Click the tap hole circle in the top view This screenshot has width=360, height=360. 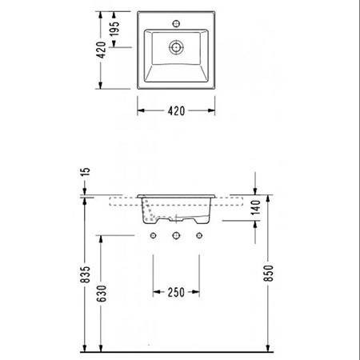click(x=176, y=24)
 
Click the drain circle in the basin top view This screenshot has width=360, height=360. click(x=176, y=47)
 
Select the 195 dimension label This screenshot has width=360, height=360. click(x=114, y=29)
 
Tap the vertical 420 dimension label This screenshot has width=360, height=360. click(x=102, y=50)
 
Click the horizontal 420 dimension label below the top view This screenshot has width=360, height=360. click(x=176, y=111)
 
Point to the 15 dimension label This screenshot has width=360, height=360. click(x=85, y=172)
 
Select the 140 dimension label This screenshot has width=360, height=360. click(x=255, y=207)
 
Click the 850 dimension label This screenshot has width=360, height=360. click(x=269, y=273)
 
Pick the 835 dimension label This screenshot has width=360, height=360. click(x=86, y=274)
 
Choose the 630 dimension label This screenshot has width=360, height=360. click(x=102, y=294)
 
